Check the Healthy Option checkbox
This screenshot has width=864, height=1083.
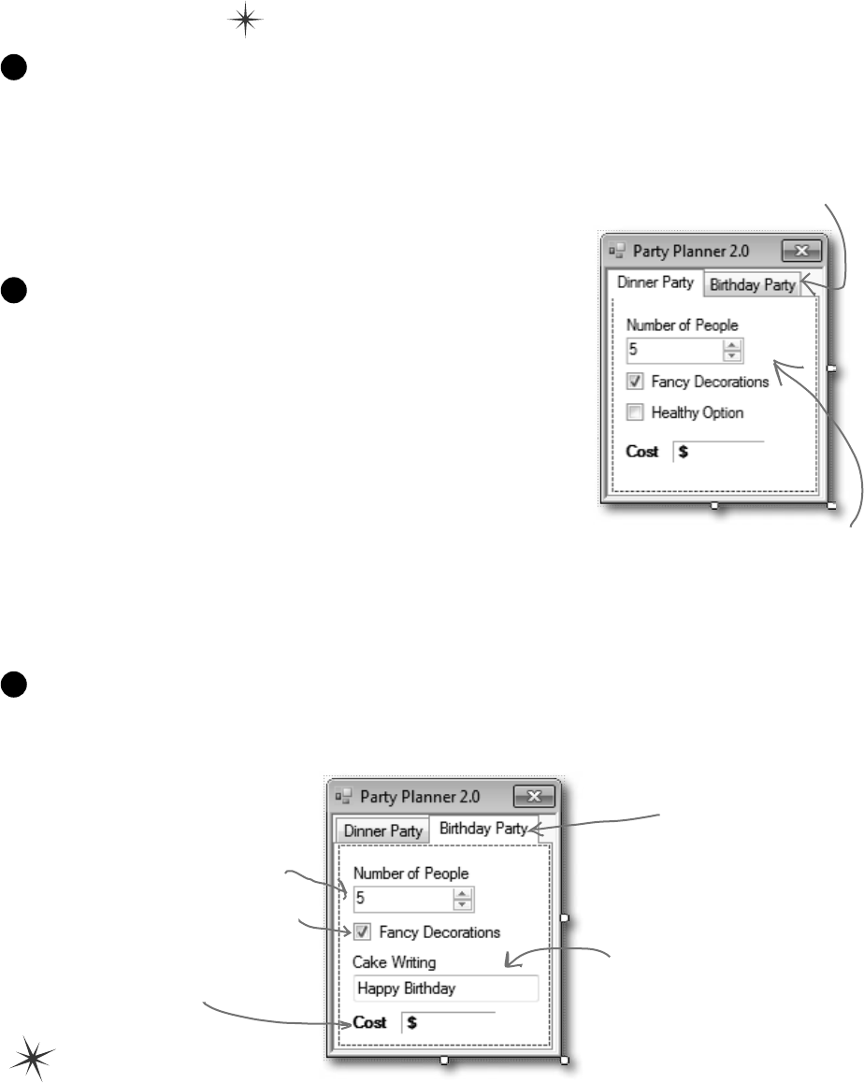[636, 412]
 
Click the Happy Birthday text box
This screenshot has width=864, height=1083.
[445, 989]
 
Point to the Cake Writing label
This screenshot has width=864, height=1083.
[394, 961]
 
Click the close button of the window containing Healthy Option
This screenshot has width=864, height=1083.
[801, 250]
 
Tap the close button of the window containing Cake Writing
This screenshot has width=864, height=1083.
[535, 797]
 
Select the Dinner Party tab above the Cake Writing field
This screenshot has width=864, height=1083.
[382, 830]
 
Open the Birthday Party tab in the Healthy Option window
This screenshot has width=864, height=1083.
[753, 285]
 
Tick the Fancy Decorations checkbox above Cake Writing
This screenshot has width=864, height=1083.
[363, 931]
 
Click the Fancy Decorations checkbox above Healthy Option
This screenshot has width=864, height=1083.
[636, 382]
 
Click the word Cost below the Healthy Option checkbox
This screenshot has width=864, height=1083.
[642, 452]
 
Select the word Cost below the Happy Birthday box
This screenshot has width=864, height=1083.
[369, 1022]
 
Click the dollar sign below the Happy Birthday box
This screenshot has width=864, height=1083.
[412, 1022]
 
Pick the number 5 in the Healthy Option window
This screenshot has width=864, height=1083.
[633, 351]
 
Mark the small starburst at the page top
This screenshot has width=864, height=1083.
[242, 22]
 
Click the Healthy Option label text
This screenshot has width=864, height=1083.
[698, 412]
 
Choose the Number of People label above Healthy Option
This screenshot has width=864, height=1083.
[682, 325]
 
